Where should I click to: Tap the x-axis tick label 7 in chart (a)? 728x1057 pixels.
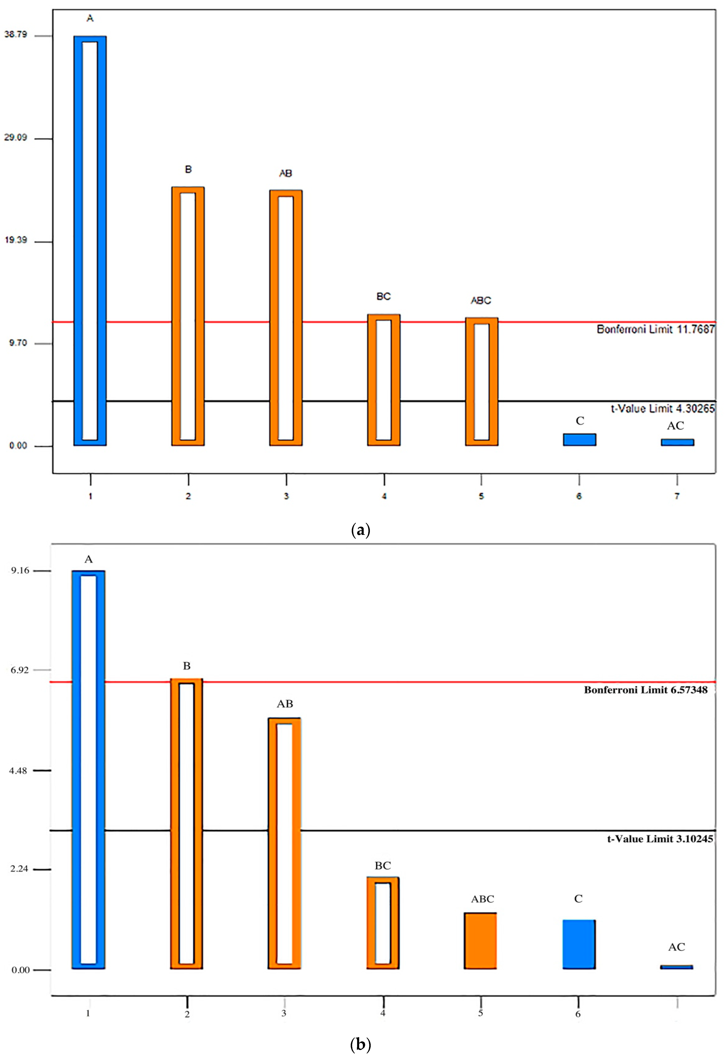(x=677, y=496)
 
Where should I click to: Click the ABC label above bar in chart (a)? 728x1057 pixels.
(x=481, y=300)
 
